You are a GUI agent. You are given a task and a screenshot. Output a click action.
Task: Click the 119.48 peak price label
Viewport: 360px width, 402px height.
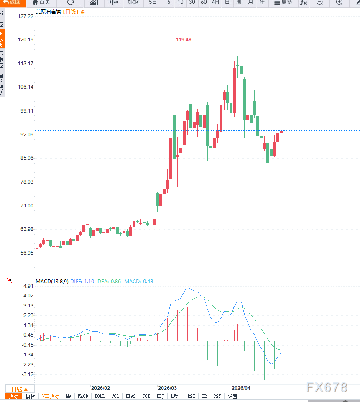coord(184,40)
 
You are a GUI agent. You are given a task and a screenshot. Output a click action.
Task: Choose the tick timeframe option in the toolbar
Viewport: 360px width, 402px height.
coord(133,3)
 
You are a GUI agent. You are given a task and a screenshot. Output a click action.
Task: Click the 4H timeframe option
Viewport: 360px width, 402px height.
coord(215,3)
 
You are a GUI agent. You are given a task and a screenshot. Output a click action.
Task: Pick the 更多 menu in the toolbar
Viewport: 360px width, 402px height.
coord(283,3)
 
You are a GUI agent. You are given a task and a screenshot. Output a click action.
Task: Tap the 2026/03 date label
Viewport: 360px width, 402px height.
coord(167,388)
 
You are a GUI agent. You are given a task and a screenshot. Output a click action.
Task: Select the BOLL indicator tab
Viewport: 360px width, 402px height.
coord(100,396)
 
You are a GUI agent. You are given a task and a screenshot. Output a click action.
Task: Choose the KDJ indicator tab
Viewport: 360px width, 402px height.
coord(160,396)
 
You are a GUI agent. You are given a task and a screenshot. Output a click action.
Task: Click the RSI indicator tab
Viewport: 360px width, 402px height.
coord(191,396)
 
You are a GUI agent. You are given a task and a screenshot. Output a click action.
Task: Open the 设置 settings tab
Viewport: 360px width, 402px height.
coord(232,396)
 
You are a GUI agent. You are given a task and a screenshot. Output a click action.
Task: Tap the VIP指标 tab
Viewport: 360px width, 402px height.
coord(51,396)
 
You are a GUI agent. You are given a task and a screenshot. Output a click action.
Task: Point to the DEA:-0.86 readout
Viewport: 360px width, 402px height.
coord(109,282)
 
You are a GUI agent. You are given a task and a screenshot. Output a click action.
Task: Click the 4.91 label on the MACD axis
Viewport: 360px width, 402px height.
coord(28,286)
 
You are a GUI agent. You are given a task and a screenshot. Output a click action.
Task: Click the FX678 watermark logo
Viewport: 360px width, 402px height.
coord(327,387)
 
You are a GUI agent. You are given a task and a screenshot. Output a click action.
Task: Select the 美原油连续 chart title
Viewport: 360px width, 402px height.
coord(48,12)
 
